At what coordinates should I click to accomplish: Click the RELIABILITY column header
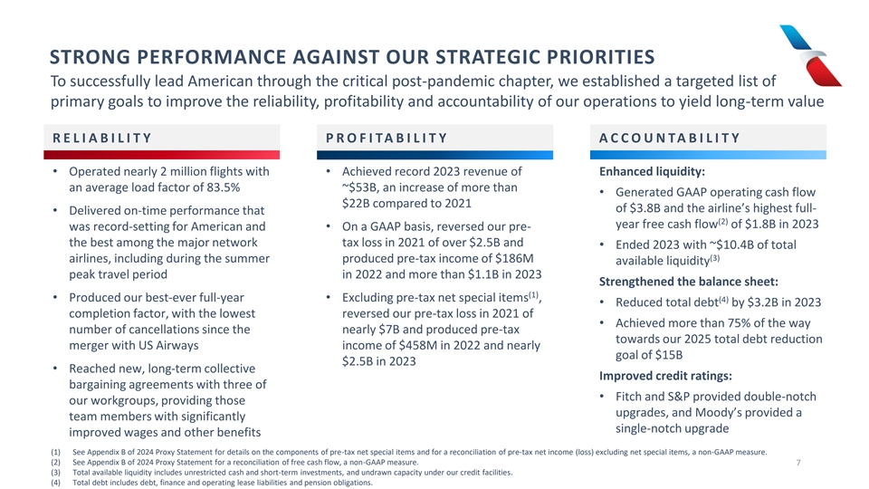[x=101, y=138]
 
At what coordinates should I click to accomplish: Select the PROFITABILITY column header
[x=387, y=138]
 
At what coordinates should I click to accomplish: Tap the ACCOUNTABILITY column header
[x=670, y=138]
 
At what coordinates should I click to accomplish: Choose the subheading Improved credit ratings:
[x=665, y=376]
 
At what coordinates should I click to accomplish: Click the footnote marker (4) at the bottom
[x=56, y=483]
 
